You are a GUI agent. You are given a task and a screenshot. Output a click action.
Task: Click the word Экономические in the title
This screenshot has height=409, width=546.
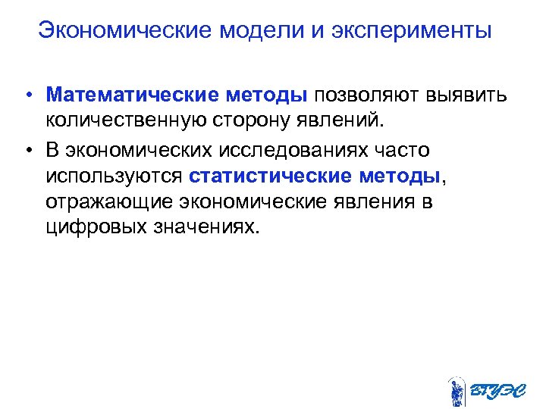[125, 31]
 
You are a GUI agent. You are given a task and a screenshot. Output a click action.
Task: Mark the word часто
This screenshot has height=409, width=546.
[403, 151]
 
